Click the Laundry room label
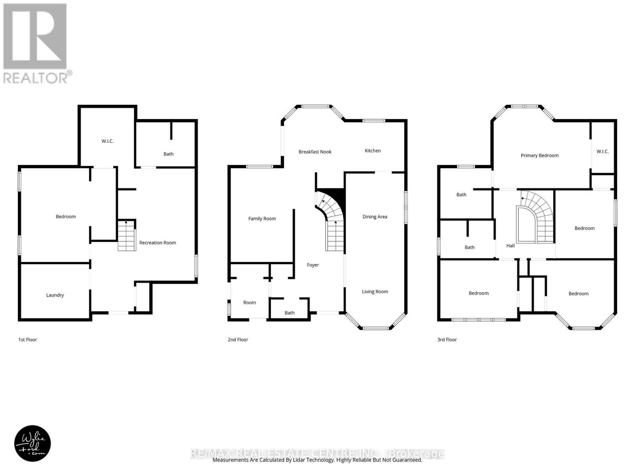(x=55, y=295)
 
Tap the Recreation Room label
(x=158, y=243)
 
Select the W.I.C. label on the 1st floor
(x=108, y=141)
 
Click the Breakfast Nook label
(x=315, y=152)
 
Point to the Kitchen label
(x=373, y=151)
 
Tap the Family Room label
(x=262, y=219)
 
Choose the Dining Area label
(x=375, y=217)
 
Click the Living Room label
(x=375, y=292)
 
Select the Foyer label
(x=313, y=265)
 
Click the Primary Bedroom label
(x=539, y=155)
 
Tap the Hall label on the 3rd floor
(x=510, y=246)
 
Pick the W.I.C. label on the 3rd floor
(x=602, y=152)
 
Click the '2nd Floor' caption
(x=238, y=340)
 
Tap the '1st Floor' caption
(x=27, y=340)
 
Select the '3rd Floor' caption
(x=447, y=340)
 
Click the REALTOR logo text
(x=38, y=77)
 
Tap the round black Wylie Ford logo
(x=33, y=444)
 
